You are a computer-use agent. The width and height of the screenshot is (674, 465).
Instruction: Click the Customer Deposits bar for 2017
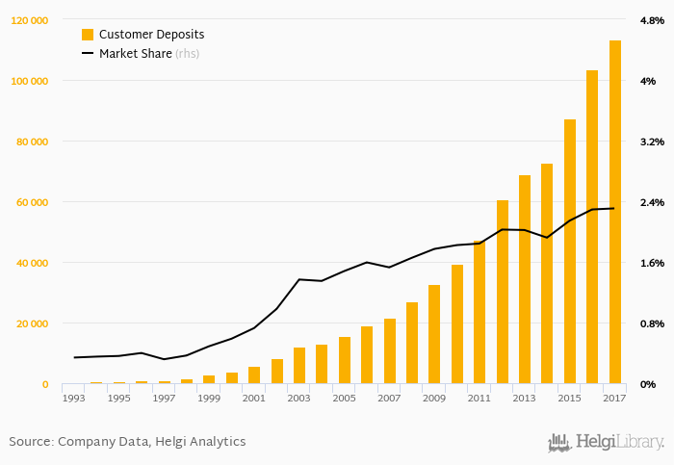pyautogui.click(x=615, y=212)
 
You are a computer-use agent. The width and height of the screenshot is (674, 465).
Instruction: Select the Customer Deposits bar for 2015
pyautogui.click(x=570, y=251)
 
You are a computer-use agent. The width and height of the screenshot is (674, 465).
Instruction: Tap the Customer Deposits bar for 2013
pyautogui.click(x=525, y=279)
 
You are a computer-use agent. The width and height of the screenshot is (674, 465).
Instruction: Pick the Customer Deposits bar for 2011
pyautogui.click(x=480, y=312)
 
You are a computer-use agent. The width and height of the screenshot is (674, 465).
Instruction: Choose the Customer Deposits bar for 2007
pyautogui.click(x=390, y=351)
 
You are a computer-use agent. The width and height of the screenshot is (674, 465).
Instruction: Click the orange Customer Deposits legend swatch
pyautogui.click(x=88, y=35)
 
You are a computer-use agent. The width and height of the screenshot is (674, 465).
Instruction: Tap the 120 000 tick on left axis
pyautogui.click(x=30, y=20)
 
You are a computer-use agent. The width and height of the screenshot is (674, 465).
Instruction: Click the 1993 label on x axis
pyautogui.click(x=73, y=398)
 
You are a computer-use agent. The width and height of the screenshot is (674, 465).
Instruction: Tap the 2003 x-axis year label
pyautogui.click(x=298, y=398)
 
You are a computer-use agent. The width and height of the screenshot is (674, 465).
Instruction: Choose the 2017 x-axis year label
pyautogui.click(x=615, y=398)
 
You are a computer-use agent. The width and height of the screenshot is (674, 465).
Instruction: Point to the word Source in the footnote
pyautogui.click(x=30, y=442)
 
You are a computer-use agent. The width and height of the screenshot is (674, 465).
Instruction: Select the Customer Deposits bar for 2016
pyautogui.click(x=592, y=227)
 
